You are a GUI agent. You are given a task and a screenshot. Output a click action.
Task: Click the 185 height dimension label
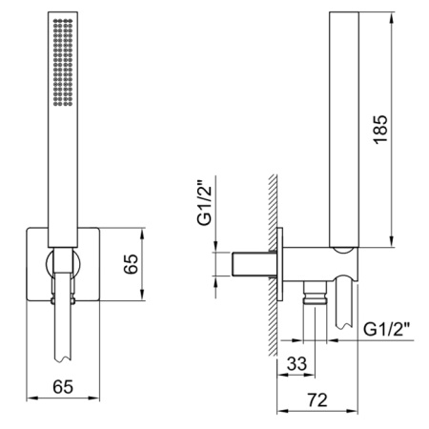click(x=380, y=130)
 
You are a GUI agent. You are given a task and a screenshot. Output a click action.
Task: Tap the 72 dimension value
click(x=317, y=399)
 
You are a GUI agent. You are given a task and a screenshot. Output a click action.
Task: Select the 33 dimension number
click(x=296, y=363)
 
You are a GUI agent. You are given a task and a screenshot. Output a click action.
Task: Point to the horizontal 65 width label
click(x=63, y=387)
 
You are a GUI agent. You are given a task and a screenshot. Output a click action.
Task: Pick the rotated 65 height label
click(x=131, y=264)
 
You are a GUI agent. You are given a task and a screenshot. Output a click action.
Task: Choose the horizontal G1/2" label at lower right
click(x=386, y=329)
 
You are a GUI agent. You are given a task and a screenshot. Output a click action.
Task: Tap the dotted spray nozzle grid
click(x=63, y=62)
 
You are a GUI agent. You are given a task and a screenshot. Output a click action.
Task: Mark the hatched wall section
click(x=273, y=266)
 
